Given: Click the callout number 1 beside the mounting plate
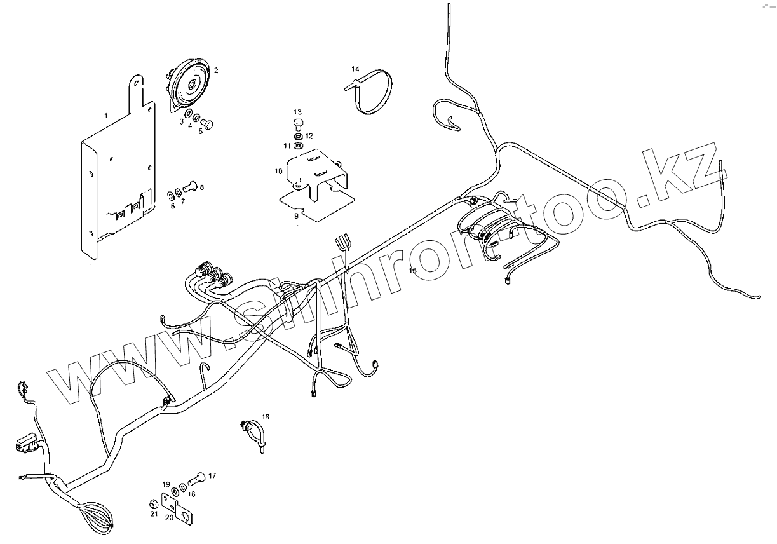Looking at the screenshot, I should coord(106,116).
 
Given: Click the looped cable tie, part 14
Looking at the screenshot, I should coord(375,93).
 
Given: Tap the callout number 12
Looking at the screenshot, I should coord(309,136).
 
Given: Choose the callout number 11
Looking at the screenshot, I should coord(287,146).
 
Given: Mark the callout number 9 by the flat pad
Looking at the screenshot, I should coord(295,216).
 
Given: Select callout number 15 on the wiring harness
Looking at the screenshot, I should coord(412,271).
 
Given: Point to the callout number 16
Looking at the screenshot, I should coord(265,417).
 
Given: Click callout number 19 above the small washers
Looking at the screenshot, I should coord(166,484).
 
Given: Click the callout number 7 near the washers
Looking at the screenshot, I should coord(182,201).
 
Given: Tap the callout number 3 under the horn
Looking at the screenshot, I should coord(181,121).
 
